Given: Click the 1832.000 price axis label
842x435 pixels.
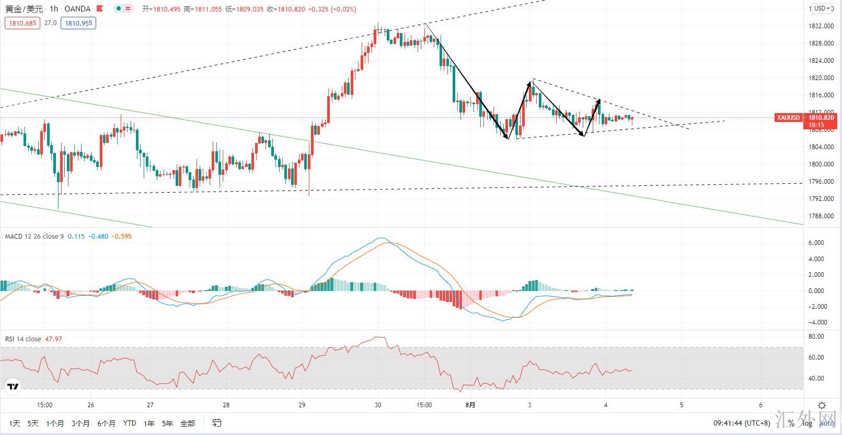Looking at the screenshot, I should click(x=821, y=26).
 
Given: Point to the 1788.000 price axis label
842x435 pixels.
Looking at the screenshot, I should click(x=821, y=216).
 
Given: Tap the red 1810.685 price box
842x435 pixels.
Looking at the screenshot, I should click(x=22, y=23).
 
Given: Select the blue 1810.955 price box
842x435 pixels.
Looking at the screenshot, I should click(x=78, y=23).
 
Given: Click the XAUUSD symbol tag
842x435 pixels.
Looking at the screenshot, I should click(x=788, y=118).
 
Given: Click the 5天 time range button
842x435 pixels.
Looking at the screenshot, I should click(x=33, y=423).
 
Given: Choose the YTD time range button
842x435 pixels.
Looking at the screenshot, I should click(x=130, y=423).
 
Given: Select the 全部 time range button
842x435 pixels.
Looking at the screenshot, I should click(x=188, y=423).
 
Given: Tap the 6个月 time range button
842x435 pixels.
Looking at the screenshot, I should click(x=106, y=423).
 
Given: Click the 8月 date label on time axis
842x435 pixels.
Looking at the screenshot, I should click(x=470, y=405).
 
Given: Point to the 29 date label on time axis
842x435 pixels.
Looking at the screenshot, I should click(x=302, y=405).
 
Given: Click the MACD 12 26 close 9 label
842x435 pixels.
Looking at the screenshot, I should click(x=34, y=237).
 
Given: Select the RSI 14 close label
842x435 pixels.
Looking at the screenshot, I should click(x=23, y=339).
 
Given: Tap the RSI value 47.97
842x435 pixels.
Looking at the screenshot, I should click(x=54, y=339).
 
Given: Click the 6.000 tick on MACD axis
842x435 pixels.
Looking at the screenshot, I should click(x=816, y=243).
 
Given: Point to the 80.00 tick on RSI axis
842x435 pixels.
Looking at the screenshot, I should click(x=816, y=337).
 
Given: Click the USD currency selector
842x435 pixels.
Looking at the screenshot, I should click(x=822, y=8).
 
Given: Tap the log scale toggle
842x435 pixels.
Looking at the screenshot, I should click(x=808, y=423).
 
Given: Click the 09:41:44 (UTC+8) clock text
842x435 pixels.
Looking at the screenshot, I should click(x=742, y=423).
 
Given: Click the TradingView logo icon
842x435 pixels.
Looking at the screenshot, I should click(x=13, y=387).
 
